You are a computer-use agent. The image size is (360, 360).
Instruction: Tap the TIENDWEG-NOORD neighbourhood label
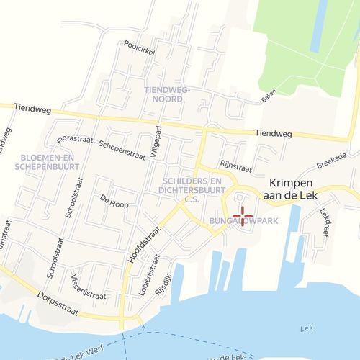(166, 94)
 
